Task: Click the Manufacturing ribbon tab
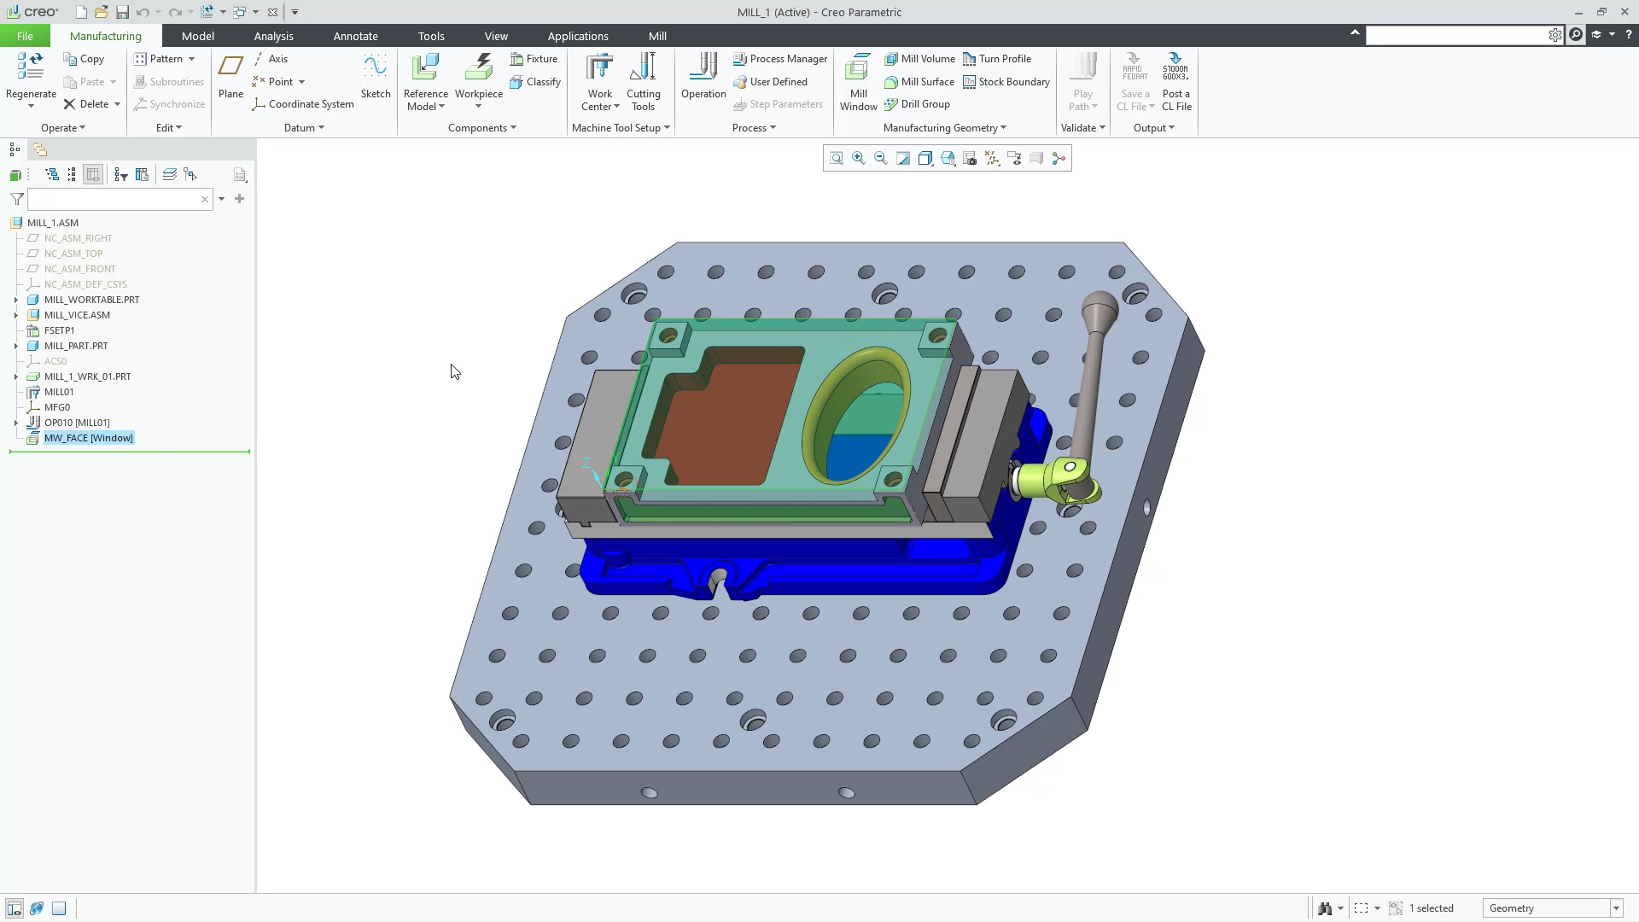coord(105,36)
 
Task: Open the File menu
coord(25,36)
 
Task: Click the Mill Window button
coord(858,83)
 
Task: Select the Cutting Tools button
coord(643,83)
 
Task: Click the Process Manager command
coord(780,59)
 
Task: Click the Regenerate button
coord(31,77)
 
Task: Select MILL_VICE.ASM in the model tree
coord(77,315)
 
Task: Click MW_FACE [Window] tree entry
coord(88,438)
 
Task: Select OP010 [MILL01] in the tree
coord(77,423)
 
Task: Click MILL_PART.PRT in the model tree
coord(76,346)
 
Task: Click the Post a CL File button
coord(1176,83)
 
